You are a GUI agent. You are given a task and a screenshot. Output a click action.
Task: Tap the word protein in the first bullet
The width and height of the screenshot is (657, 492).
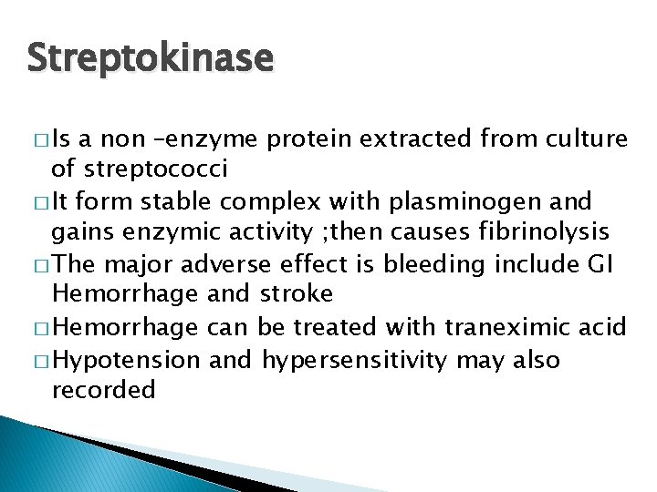pos(310,139)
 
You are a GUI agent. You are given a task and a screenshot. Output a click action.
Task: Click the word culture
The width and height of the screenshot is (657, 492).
pos(585,139)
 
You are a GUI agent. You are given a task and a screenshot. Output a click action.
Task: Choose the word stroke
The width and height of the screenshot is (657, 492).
pos(297,293)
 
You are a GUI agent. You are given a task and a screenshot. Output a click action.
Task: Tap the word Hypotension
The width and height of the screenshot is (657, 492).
pos(127,360)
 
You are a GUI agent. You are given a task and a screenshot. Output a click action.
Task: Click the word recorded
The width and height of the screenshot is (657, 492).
pos(104,390)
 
